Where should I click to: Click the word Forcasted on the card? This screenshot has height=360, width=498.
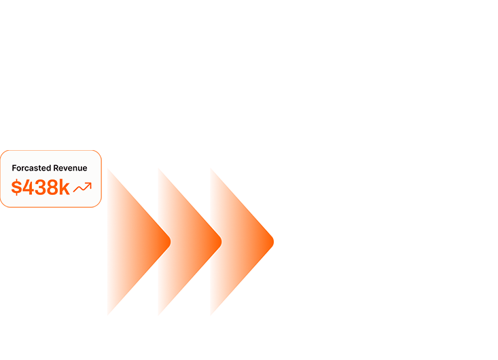point(31,168)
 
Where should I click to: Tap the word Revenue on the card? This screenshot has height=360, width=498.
point(70,168)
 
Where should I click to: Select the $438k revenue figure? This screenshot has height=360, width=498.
point(41,187)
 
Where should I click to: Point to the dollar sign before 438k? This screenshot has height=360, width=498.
point(16,187)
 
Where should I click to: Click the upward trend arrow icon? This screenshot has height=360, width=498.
point(82,187)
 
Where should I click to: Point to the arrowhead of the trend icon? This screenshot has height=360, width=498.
point(89,184)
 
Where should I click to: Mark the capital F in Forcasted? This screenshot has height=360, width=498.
point(14,168)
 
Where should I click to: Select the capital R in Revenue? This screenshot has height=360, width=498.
point(56,168)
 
